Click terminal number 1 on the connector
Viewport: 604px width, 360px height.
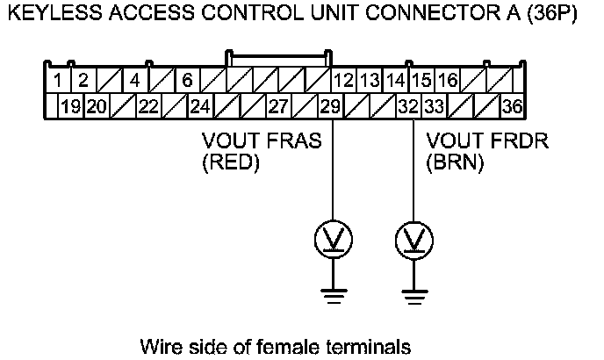(57, 82)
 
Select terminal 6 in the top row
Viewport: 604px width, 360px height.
(187, 82)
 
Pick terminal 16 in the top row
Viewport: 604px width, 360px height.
(448, 82)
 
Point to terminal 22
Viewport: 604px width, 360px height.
(148, 107)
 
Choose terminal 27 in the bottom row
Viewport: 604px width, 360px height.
(278, 107)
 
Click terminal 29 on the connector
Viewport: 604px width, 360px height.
(330, 107)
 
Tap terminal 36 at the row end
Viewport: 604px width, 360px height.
(512, 107)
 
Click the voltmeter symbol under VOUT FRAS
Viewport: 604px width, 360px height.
(334, 238)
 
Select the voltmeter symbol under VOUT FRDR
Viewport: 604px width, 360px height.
(413, 238)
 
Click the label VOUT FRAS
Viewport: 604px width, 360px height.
(262, 141)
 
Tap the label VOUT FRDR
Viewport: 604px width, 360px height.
(487, 141)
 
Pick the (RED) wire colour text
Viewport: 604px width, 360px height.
(231, 162)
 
